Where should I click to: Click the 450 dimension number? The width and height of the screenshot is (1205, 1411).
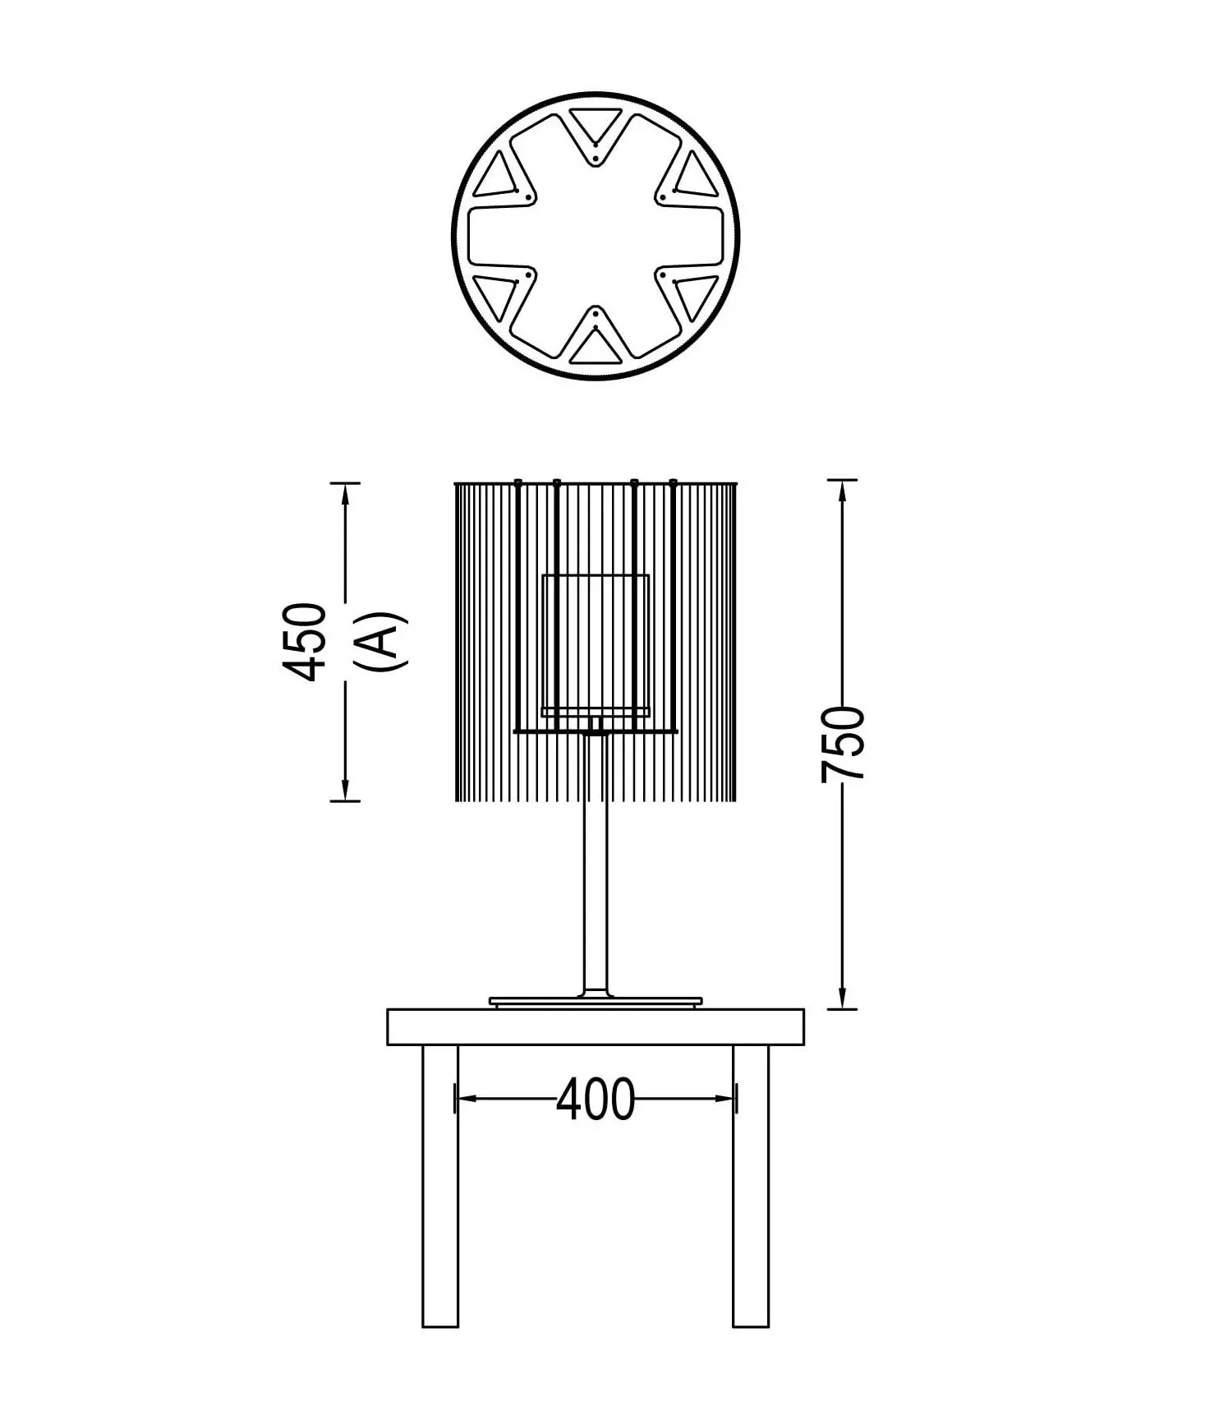coord(304,642)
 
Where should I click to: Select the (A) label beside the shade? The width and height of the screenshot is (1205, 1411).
coord(382,641)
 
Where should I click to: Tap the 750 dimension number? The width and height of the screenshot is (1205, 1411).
coord(844,743)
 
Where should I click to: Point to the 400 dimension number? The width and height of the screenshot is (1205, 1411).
coord(596,1099)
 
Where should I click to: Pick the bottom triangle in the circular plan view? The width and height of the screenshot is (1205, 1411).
coord(596,347)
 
